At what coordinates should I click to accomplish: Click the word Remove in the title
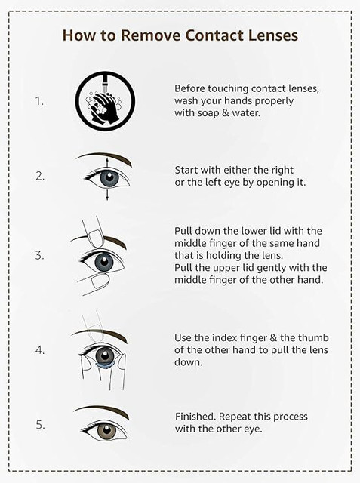pyautogui.click(x=150, y=35)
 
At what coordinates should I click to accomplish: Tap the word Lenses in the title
pyautogui.click(x=273, y=35)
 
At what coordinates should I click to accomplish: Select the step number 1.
pyautogui.click(x=39, y=100)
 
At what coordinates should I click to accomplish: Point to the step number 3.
pyautogui.click(x=39, y=255)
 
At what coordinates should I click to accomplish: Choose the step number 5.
pyautogui.click(x=40, y=425)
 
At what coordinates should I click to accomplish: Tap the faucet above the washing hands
pyautogui.click(x=105, y=82)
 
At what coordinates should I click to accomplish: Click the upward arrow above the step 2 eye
pyautogui.click(x=107, y=163)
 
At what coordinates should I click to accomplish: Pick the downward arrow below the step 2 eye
pyautogui.click(x=107, y=195)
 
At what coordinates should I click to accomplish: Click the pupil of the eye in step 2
pyautogui.click(x=109, y=178)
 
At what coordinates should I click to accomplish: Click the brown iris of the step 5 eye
pyautogui.click(x=106, y=430)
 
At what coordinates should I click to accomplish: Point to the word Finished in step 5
pyautogui.click(x=195, y=417)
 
